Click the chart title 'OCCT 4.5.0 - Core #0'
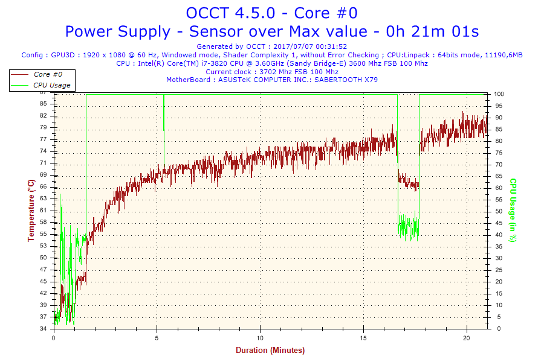coord(272,13)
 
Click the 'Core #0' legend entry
coord(48,74)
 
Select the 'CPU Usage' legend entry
coord(51,85)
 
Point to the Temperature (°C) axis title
coord(31,211)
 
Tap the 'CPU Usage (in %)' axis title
coord(513,210)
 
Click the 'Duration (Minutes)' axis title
coord(270,350)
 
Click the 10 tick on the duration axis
coord(260,337)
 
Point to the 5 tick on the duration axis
coord(157,337)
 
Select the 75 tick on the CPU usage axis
coord(497,153)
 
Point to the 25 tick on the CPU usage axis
coord(497,270)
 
